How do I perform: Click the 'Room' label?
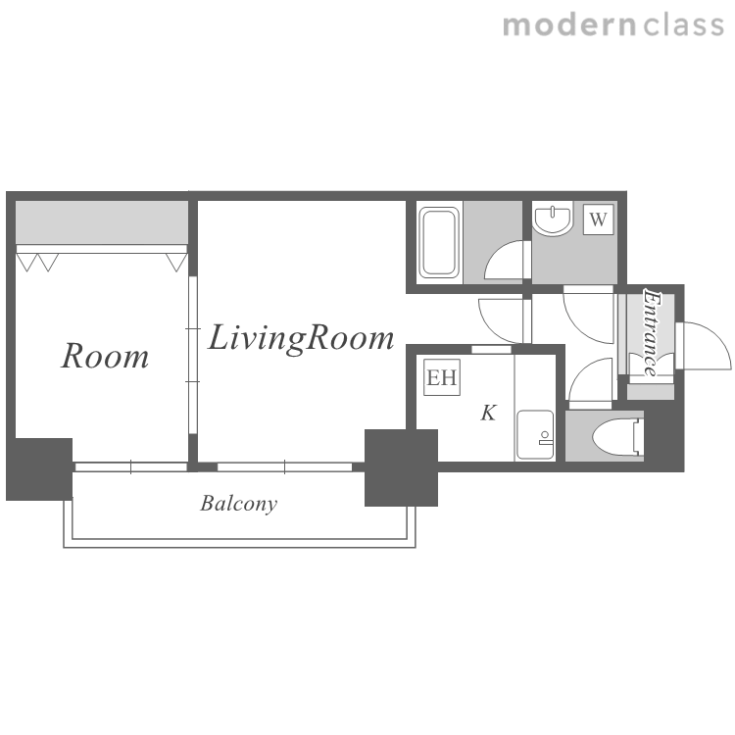coord(105,357)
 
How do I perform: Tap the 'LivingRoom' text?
coord(301,338)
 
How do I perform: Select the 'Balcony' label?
coord(238,504)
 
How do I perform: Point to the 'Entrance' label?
coord(651,333)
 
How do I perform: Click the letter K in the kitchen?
coord(488,413)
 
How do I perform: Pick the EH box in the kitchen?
coord(442,377)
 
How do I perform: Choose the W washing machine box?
coord(598,219)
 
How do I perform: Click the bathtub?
coord(439,242)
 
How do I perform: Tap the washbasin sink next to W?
coord(553,220)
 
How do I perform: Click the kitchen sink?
coord(535,436)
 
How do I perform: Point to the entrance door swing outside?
coord(705,346)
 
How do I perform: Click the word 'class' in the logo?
coord(683,25)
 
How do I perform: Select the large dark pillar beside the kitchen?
coord(401,467)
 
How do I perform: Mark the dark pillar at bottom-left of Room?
coord(39,468)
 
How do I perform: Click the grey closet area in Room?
coord(102,222)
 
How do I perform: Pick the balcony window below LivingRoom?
coord(284,466)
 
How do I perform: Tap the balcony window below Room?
coord(131,466)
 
